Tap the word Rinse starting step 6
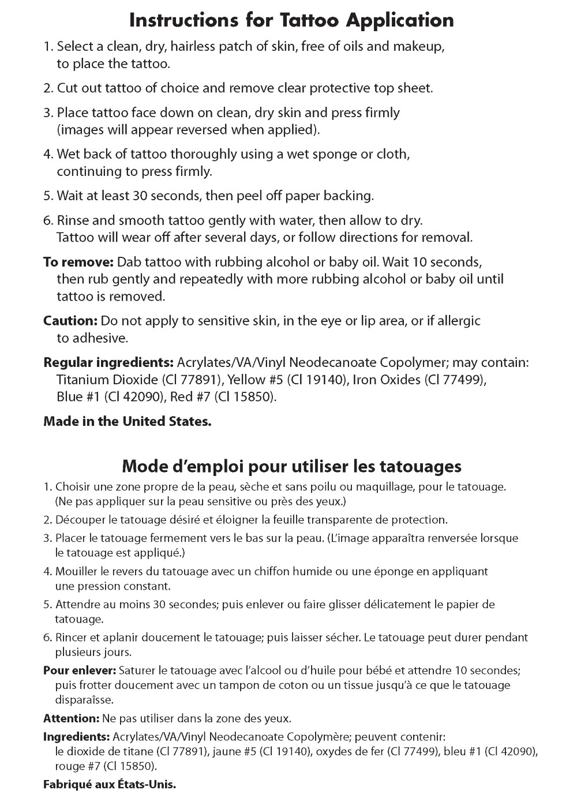tap(72, 220)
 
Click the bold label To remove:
tap(78, 262)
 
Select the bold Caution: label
tap(70, 320)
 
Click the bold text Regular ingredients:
tap(108, 363)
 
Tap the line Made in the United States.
tap(128, 421)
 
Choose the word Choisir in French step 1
tap(72, 487)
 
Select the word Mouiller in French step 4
tap(75, 572)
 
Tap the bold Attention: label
tap(72, 719)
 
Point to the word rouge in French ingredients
tap(68, 767)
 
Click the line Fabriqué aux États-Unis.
tap(110, 785)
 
